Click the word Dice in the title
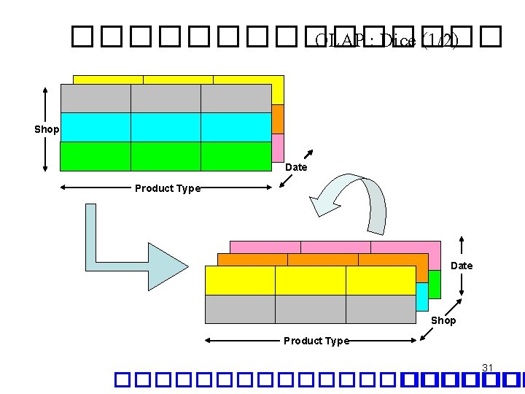pos(398,42)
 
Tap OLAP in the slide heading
pos(343,42)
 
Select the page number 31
pos(488,367)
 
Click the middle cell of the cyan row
pos(166,127)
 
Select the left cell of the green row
pos(95,156)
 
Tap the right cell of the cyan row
pos(236,127)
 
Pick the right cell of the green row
pos(236,156)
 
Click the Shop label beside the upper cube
pos(47,129)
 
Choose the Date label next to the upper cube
pos(296,167)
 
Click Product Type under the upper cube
pos(167,188)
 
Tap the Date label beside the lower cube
pos(462,266)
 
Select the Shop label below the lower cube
pos(443,320)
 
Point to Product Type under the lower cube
pos(316,341)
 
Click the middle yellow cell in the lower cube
pos(310,280)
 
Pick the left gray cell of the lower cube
pos(240,309)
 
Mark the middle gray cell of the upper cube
pos(166,98)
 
